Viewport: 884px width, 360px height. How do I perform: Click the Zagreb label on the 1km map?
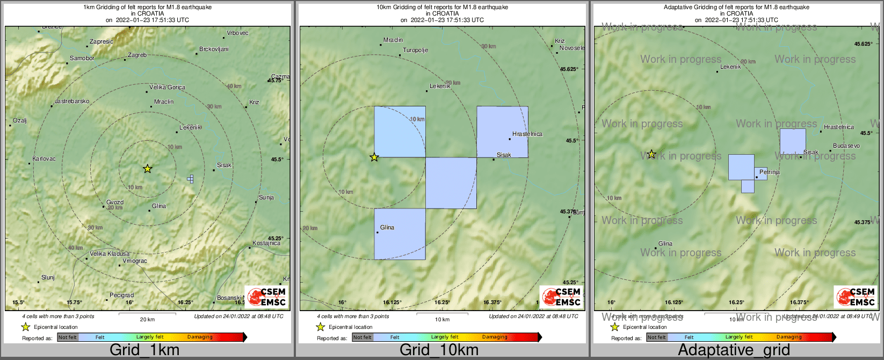tap(137, 55)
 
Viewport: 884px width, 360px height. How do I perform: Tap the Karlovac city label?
tap(44, 159)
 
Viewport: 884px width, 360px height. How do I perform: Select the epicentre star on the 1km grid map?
tap(148, 169)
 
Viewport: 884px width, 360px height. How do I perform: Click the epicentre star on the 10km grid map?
tap(374, 157)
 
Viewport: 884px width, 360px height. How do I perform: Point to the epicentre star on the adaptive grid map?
tap(651, 155)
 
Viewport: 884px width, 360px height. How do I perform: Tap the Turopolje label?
tap(415, 51)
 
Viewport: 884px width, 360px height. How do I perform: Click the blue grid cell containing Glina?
tap(400, 234)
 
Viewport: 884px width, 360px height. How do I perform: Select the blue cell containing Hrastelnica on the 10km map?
tap(502, 132)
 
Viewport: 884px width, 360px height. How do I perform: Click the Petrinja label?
tap(769, 172)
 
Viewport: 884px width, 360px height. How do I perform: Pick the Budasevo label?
tap(846, 146)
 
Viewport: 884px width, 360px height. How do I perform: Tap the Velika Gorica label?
tap(167, 88)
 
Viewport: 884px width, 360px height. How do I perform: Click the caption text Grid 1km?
tap(144, 350)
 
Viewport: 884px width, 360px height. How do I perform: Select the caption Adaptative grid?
tap(734, 350)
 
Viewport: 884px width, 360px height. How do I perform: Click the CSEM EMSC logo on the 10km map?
tap(561, 297)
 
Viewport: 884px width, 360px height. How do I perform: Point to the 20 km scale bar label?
tap(147, 320)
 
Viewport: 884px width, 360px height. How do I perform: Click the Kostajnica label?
tap(266, 243)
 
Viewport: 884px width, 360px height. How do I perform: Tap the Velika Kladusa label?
tap(110, 254)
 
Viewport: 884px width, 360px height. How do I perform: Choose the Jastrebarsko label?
tap(72, 102)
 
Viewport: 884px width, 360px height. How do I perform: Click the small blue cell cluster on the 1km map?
tap(190, 179)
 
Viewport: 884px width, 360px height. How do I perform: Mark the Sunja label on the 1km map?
tap(266, 198)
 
